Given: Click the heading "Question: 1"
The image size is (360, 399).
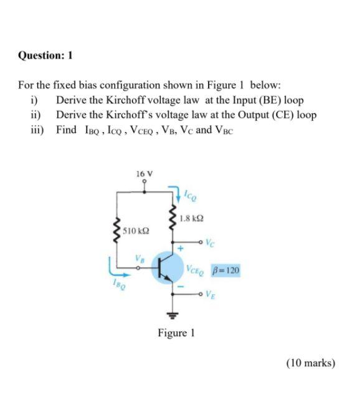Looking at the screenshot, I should [45, 55].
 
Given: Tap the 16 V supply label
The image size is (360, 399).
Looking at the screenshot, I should [144, 173].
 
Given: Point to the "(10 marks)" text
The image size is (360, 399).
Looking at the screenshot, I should [311, 362].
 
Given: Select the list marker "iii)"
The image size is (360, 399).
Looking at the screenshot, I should [37, 130].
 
